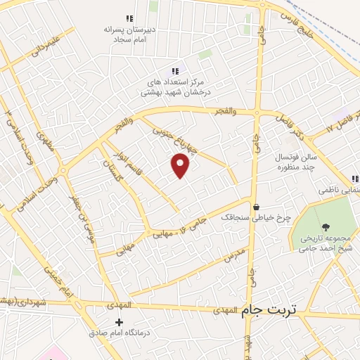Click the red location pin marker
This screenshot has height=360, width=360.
tap(181, 165)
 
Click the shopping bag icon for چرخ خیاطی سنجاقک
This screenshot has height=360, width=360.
tap(256, 207)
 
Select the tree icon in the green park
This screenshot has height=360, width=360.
tap(326, 226)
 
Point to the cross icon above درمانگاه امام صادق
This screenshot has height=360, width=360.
tap(128, 321)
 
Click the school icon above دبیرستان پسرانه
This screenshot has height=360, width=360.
tap(128, 18)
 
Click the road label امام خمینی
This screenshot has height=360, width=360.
tap(58, 281)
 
